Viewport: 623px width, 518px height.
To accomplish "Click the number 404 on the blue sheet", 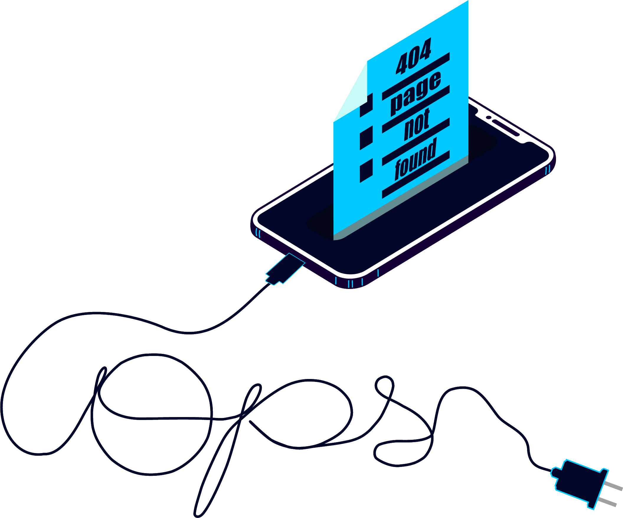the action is (413, 56).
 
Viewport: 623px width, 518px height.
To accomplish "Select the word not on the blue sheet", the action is (417, 124).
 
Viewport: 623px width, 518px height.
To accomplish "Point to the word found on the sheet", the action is (416, 159).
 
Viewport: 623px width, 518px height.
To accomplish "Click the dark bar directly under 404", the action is (416, 76).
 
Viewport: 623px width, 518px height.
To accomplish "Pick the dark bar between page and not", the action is (416, 109).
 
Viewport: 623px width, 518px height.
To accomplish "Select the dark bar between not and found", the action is (416, 142).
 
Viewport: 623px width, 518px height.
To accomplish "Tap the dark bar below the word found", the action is (416, 174).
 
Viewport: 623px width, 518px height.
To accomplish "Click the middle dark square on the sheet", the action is (366, 138).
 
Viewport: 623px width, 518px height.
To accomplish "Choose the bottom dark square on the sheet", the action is (366, 171).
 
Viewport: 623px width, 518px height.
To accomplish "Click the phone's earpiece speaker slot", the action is (506, 128).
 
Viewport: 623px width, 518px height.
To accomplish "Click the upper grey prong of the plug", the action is (613, 486).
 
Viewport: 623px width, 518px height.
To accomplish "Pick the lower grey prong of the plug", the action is (606, 502).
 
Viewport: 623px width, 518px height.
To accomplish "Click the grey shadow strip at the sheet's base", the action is (401, 197).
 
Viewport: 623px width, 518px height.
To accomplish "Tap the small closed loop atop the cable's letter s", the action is (385, 387).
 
